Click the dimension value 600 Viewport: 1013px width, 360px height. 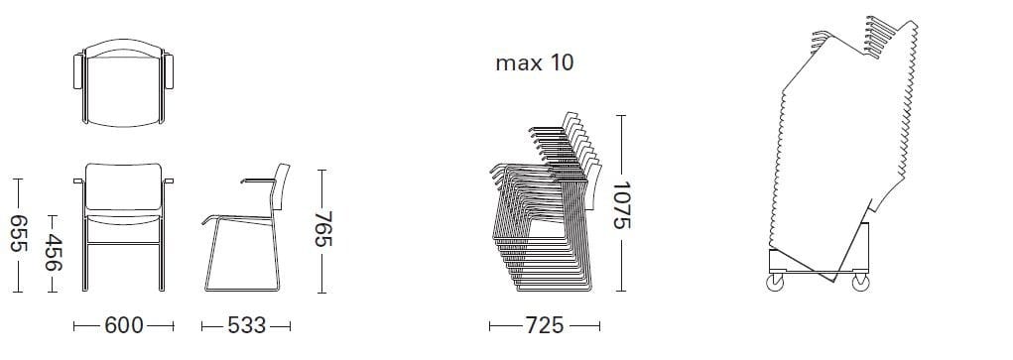pyautogui.click(x=123, y=325)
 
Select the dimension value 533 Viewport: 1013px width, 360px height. pyautogui.click(x=247, y=325)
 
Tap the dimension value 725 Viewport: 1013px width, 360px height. pyautogui.click(x=544, y=325)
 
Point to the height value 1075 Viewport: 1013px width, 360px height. pyautogui.click(x=621, y=205)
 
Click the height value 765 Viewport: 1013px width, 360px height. pyautogui.click(x=323, y=229)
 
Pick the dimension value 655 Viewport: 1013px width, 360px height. pyautogui.click(x=18, y=233)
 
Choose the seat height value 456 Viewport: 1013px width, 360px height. pyautogui.click(x=53, y=253)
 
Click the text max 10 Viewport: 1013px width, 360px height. pyautogui.click(x=534, y=63)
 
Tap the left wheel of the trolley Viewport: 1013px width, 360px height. pyautogui.click(x=775, y=283)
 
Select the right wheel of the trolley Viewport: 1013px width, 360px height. pyautogui.click(x=860, y=283)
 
